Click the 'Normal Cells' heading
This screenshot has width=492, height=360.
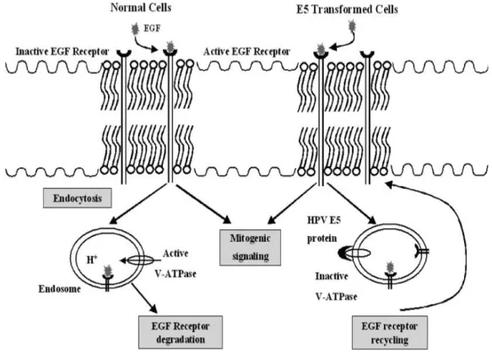tap(141, 8)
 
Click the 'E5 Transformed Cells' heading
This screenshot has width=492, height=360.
tap(347, 9)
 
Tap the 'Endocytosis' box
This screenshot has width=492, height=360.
tap(77, 198)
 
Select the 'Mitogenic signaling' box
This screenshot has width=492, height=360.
tap(250, 247)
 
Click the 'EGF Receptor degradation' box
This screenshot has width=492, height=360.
tap(181, 332)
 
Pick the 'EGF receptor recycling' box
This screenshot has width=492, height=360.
tap(389, 332)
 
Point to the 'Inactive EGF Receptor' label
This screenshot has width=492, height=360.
tap(62, 51)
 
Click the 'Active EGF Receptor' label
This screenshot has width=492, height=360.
tap(246, 51)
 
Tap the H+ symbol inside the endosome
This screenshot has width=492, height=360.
tap(92, 260)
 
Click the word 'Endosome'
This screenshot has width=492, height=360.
tap(60, 288)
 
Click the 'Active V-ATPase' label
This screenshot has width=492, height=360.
tap(176, 263)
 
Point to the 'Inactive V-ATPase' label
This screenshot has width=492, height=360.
tap(336, 286)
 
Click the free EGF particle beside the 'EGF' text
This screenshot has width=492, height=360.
tap(136, 29)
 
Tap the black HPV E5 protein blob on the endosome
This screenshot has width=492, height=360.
tap(343, 253)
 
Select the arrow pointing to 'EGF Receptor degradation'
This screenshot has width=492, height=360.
tap(144, 298)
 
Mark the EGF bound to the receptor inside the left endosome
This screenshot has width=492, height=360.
tap(108, 271)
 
